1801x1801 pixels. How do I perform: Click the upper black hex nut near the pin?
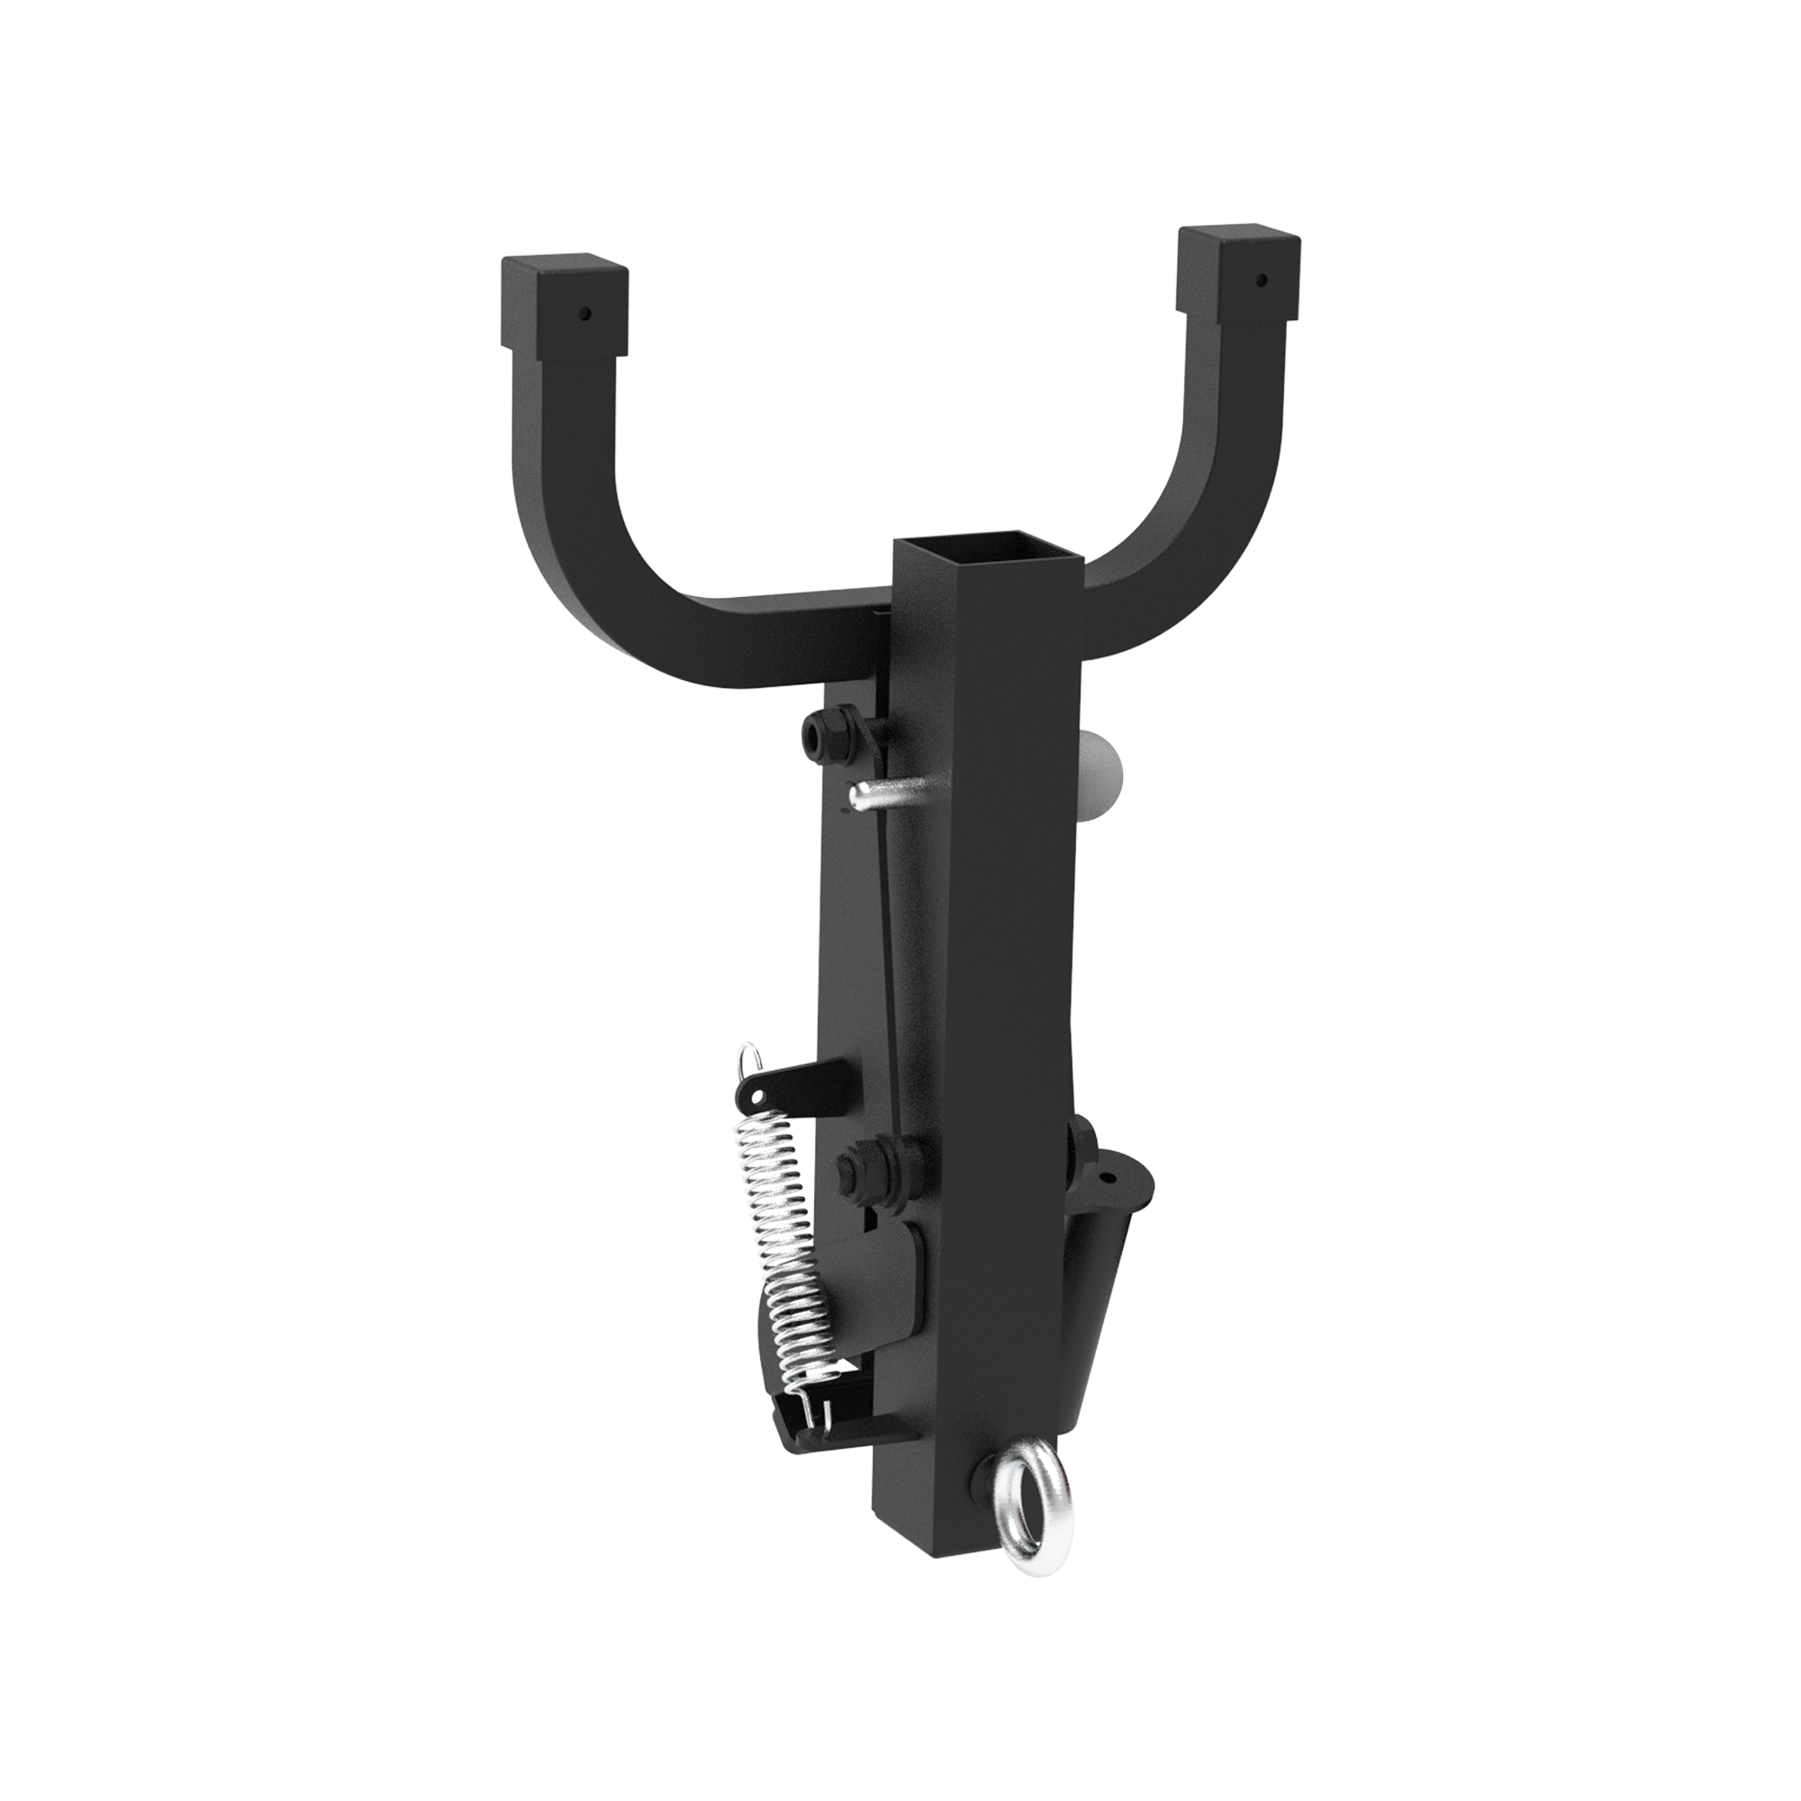point(824,736)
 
